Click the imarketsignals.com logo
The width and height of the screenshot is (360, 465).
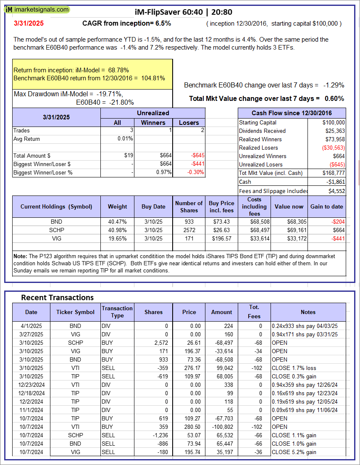[37, 9]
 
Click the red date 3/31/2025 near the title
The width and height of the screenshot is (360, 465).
[28, 24]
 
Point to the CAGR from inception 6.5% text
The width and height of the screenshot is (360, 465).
[126, 24]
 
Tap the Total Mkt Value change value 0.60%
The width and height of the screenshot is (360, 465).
[335, 99]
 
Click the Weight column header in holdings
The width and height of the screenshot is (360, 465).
[118, 206]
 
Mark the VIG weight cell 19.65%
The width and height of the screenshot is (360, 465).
[118, 238]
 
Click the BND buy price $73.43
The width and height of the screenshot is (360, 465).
[222, 222]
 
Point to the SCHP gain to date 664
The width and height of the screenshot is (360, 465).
[339, 230]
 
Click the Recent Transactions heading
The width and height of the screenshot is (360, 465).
[58, 297]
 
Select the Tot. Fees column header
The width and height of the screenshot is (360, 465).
[254, 312]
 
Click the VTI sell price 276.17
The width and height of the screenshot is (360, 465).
[189, 368]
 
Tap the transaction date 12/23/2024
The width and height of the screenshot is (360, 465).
[31, 385]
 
